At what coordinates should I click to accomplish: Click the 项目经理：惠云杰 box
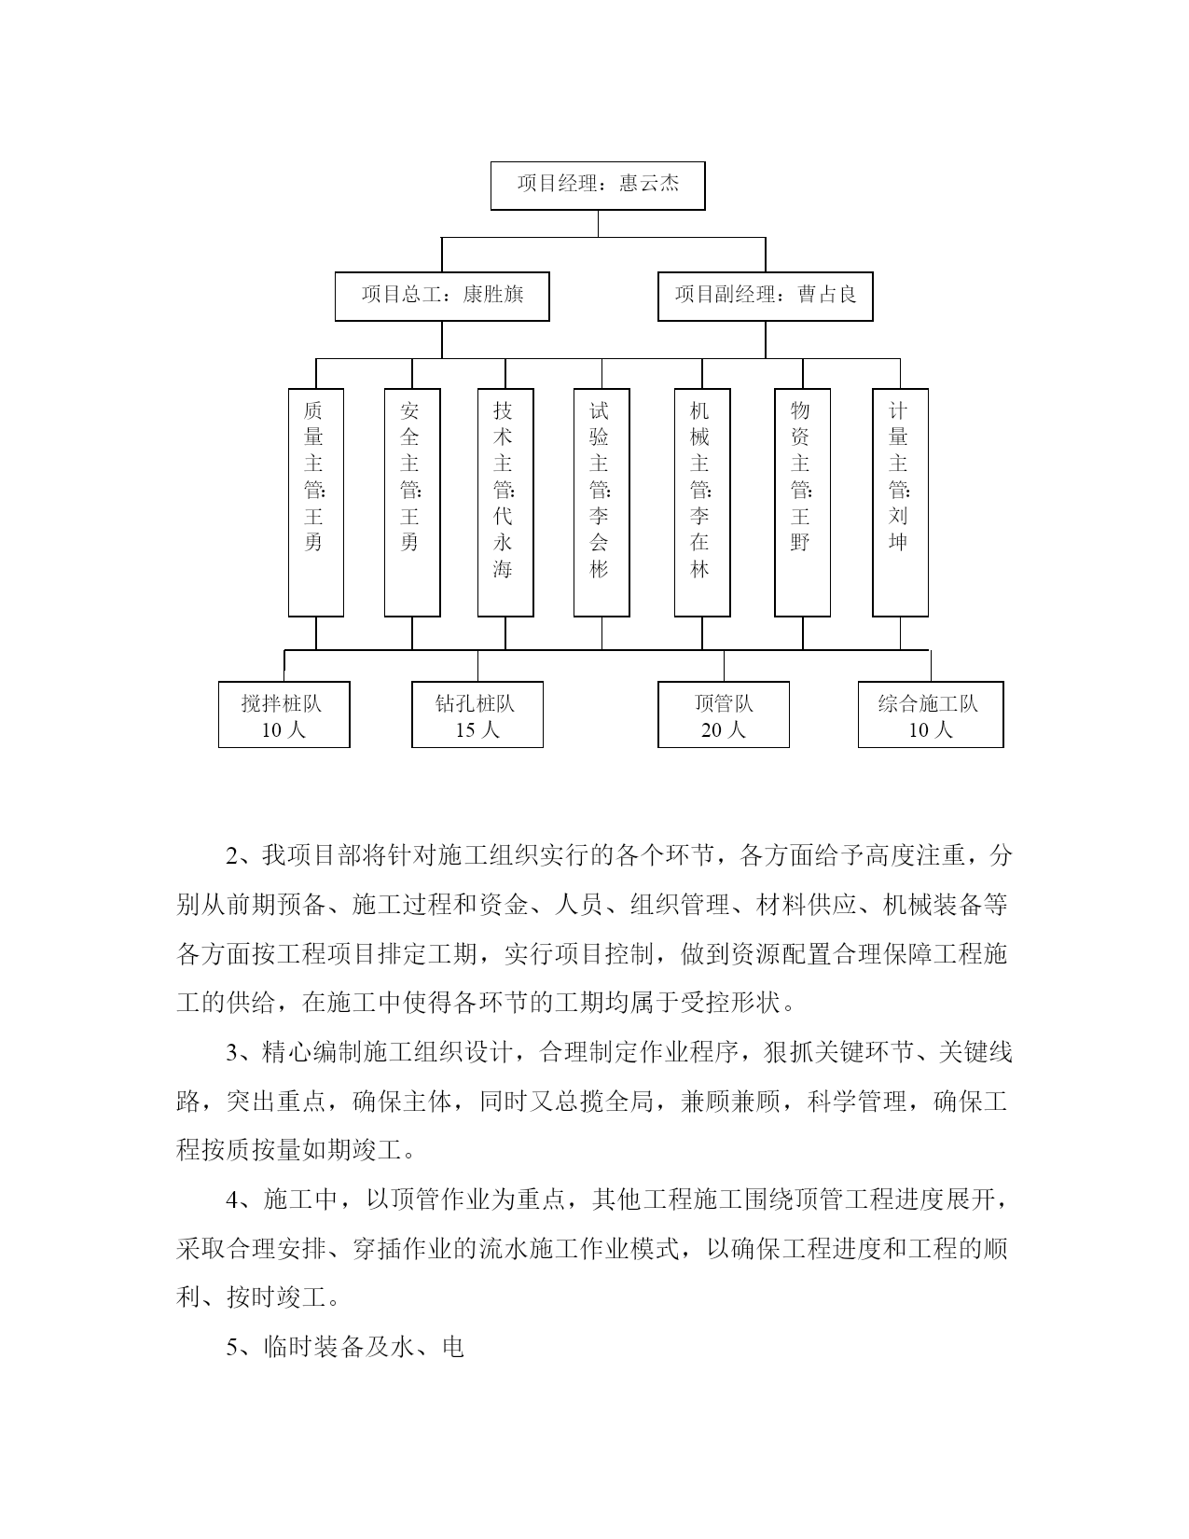click(598, 186)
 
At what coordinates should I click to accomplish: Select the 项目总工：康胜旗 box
click(442, 296)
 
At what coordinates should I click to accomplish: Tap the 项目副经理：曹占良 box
click(765, 296)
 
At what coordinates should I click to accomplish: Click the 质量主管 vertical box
click(316, 502)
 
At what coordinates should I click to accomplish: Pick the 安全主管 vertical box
click(412, 502)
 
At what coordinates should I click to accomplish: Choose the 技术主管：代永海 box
click(505, 502)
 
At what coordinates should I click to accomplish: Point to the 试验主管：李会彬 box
click(601, 502)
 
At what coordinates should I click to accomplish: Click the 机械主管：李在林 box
click(702, 502)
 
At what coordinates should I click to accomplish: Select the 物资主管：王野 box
click(802, 502)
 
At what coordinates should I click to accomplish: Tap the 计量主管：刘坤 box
click(900, 502)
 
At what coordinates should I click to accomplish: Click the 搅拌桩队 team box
click(284, 714)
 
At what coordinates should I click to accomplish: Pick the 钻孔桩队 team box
click(477, 714)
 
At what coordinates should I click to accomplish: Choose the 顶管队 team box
click(723, 714)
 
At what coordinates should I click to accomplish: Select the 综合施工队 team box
click(931, 714)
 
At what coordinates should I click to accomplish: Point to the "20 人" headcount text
click(723, 729)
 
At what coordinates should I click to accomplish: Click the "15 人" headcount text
click(477, 729)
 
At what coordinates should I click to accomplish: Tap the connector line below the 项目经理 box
click(598, 224)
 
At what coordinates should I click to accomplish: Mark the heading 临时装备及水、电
click(364, 1346)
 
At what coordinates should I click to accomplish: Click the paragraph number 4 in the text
click(232, 1199)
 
